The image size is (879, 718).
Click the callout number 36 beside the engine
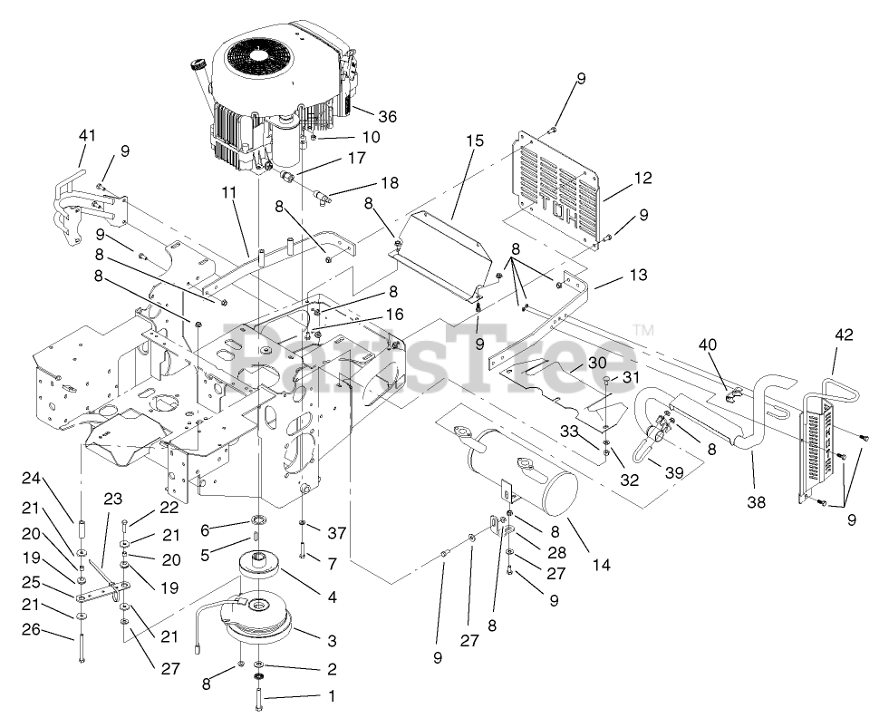(388, 117)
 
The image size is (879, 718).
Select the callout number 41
(86, 135)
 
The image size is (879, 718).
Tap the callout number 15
(476, 141)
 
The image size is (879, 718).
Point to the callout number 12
(642, 179)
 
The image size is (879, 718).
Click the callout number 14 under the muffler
(601, 565)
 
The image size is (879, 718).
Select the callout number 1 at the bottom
(331, 697)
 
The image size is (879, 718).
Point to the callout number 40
(707, 344)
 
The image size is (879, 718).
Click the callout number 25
(57, 580)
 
